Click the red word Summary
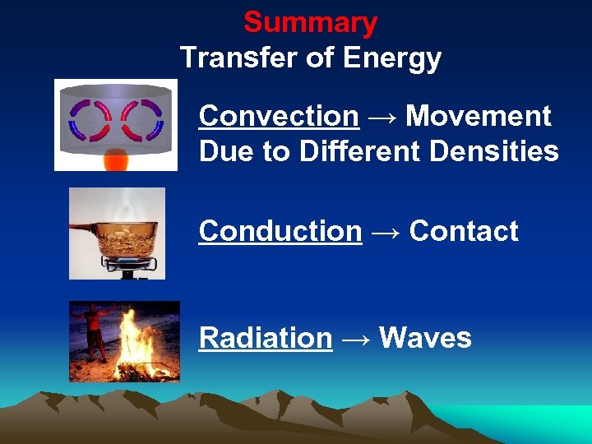point(310,22)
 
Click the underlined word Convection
point(279,117)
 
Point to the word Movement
point(478,117)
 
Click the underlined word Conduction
point(280,232)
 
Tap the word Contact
point(464,232)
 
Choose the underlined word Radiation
point(266,338)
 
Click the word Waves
point(425,338)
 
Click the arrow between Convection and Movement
point(382,118)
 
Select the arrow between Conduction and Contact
point(385,233)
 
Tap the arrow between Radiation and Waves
point(355,339)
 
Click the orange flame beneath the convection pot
point(116,159)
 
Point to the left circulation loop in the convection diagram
point(90,122)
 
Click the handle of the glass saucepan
point(82,227)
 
